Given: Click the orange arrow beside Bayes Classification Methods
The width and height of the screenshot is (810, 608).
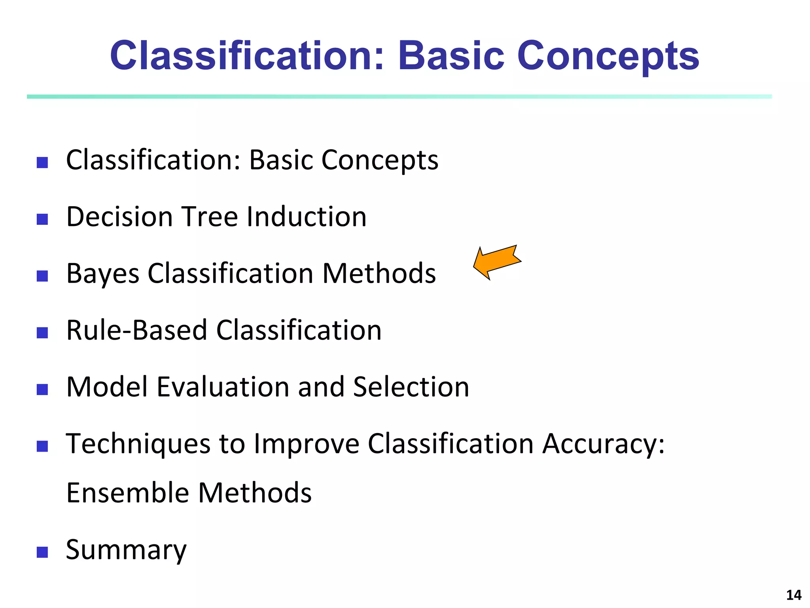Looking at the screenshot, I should [x=497, y=262].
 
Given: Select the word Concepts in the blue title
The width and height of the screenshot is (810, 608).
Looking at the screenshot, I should [x=608, y=56].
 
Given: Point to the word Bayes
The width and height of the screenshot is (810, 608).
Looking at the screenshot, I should [x=103, y=274].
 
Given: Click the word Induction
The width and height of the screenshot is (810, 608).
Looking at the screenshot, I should [x=307, y=217].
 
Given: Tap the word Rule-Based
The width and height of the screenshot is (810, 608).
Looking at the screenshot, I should [x=136, y=330].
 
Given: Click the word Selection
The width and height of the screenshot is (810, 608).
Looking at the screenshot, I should [x=411, y=387].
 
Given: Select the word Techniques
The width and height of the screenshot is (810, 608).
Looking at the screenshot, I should [x=138, y=444].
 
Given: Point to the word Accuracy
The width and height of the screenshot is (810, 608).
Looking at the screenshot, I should [x=603, y=444].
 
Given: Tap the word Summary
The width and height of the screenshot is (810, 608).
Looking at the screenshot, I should [x=126, y=550].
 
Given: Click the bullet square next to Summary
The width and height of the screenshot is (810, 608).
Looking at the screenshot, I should [x=42, y=552].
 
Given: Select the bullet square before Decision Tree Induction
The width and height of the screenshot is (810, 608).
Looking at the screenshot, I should [x=42, y=219].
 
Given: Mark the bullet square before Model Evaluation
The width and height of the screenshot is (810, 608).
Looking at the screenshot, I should [x=42, y=389].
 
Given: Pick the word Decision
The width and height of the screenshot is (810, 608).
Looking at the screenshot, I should [x=119, y=217].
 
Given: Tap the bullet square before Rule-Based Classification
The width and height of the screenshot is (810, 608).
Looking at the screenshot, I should [x=42, y=332].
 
